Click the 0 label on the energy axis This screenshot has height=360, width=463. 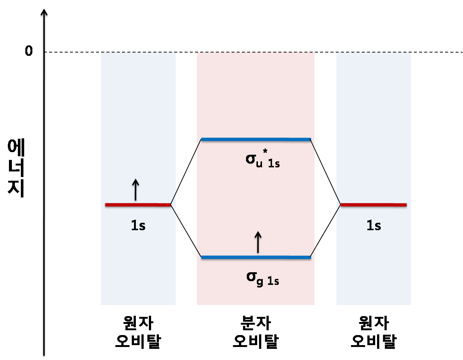(x=29, y=51)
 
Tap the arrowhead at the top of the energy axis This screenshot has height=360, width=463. (x=44, y=13)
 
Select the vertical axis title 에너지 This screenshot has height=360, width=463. (x=16, y=168)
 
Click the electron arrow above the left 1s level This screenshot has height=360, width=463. (x=135, y=190)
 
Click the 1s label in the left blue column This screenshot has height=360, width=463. (x=138, y=225)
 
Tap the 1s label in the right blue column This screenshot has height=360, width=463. (x=374, y=225)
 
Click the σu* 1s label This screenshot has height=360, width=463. (x=262, y=160)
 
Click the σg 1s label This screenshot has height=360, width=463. (x=262, y=279)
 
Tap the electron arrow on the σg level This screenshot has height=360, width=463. (x=258, y=242)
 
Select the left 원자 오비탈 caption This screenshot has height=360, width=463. (x=138, y=332)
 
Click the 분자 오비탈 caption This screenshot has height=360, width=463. (x=256, y=332)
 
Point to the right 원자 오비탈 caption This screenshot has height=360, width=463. (x=374, y=332)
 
